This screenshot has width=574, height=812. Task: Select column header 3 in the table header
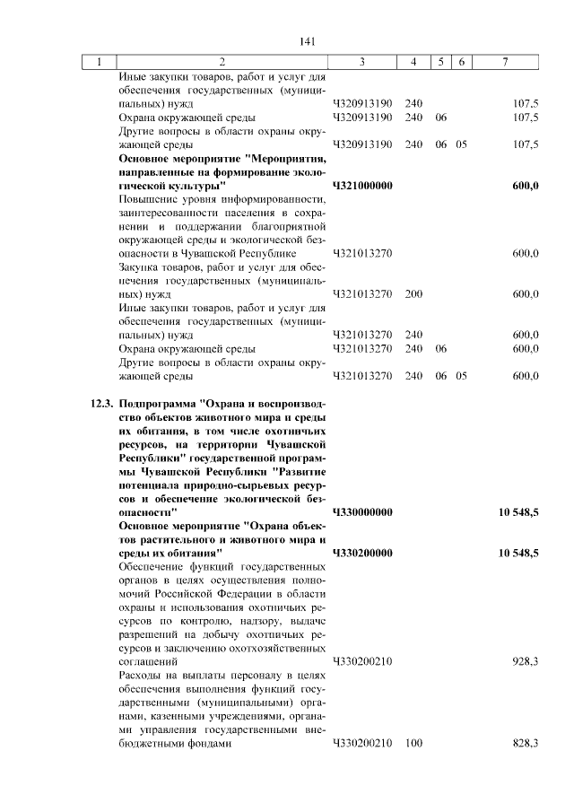coord(361,62)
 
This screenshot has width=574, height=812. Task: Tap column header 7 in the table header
coord(506,62)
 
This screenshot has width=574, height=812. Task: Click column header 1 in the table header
coord(98,62)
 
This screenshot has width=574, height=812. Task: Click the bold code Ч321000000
coord(362,185)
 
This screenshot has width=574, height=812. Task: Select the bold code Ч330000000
coord(362,512)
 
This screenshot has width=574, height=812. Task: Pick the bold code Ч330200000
coord(362,554)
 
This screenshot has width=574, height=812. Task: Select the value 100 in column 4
coord(413,744)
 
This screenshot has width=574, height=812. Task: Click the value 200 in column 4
coord(413,293)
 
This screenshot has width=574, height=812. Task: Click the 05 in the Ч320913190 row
coord(461,144)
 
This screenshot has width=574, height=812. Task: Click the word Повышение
coord(152,198)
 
